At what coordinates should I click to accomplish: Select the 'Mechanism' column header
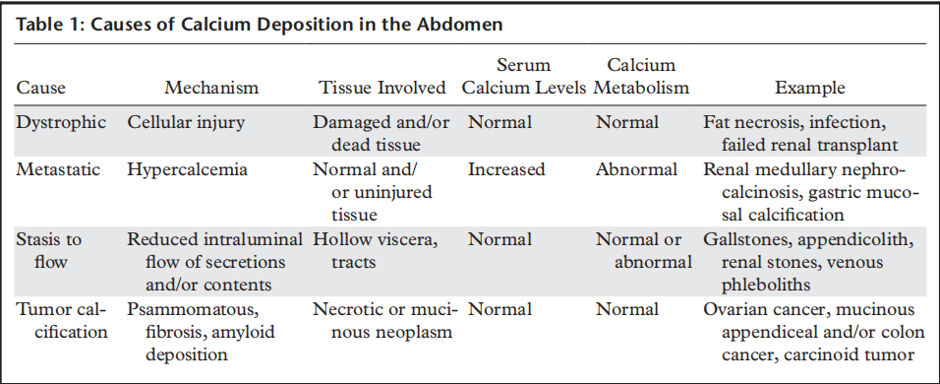click(x=211, y=88)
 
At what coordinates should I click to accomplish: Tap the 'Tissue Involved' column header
click(x=382, y=88)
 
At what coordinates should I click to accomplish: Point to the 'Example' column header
click(x=810, y=88)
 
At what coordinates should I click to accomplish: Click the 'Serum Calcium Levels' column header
click(x=524, y=76)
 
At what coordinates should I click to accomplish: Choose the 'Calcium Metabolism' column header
click(x=641, y=76)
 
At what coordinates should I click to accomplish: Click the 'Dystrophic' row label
click(x=61, y=123)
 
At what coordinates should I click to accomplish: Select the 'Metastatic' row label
click(x=58, y=169)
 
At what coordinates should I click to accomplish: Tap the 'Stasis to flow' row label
click(x=49, y=251)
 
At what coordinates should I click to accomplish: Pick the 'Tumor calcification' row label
click(x=62, y=320)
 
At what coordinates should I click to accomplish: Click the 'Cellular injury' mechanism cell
click(x=186, y=122)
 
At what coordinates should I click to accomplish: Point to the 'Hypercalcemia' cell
click(x=187, y=169)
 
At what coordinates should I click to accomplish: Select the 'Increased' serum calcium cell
click(x=506, y=169)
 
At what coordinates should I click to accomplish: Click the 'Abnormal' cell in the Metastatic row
click(x=636, y=169)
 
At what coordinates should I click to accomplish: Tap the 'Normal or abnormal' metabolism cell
click(x=643, y=251)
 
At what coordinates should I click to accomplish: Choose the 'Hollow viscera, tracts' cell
click(x=376, y=251)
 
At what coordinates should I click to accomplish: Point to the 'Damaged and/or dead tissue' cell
click(x=382, y=133)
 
